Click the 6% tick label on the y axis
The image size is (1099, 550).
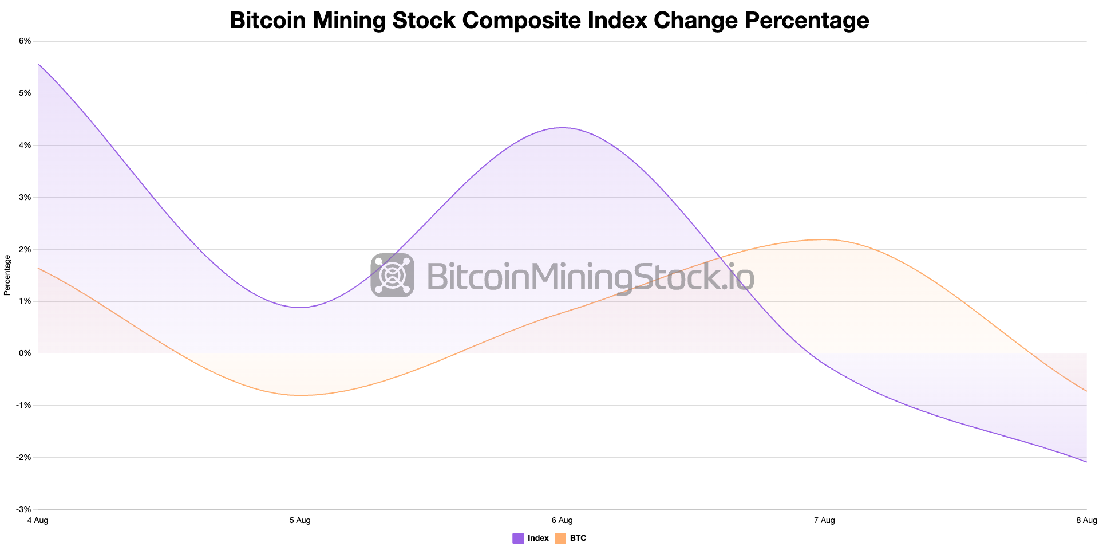[x=25, y=41]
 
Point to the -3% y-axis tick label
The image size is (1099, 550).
[x=23, y=509]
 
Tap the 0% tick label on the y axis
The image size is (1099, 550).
[x=25, y=353]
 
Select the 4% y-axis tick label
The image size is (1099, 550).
[x=25, y=146]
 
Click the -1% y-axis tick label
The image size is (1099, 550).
[x=23, y=406]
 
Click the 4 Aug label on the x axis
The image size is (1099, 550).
[x=38, y=520]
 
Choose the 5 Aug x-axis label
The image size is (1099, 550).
[x=300, y=520]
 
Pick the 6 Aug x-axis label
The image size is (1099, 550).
[x=562, y=520]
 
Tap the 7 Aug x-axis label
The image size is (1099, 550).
[x=824, y=520]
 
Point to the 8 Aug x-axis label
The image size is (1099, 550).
[x=1086, y=520]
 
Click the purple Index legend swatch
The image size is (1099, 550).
[x=518, y=539]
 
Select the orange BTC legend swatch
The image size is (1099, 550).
[x=560, y=539]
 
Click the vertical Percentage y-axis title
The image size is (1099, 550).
[x=7, y=275]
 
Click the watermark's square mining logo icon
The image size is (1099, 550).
[x=392, y=275]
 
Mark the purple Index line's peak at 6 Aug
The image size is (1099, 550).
[x=562, y=128]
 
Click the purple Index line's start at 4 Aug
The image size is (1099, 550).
[x=38, y=64]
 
